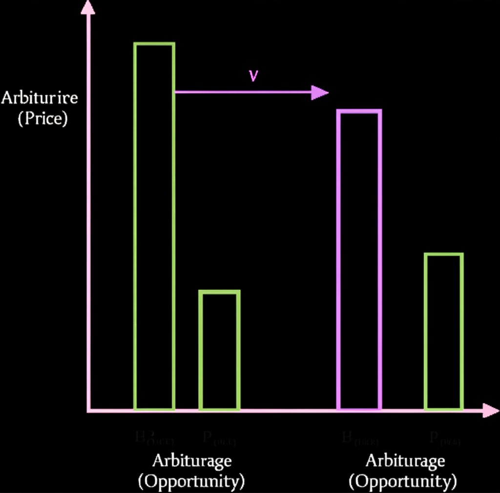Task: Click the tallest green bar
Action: (154, 225)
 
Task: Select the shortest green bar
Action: (219, 350)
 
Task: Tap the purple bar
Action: (359, 259)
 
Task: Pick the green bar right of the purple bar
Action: (443, 331)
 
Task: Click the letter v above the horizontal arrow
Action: (253, 76)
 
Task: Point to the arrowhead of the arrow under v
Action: (320, 92)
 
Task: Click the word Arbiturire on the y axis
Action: (40, 98)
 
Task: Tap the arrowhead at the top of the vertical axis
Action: (88, 7)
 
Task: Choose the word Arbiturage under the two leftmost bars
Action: (192, 460)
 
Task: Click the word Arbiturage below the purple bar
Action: (405, 460)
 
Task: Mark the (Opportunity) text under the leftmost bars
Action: (191, 482)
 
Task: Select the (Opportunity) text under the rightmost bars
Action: (403, 482)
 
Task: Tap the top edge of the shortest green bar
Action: (219, 292)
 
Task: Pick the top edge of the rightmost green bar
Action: (443, 255)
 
